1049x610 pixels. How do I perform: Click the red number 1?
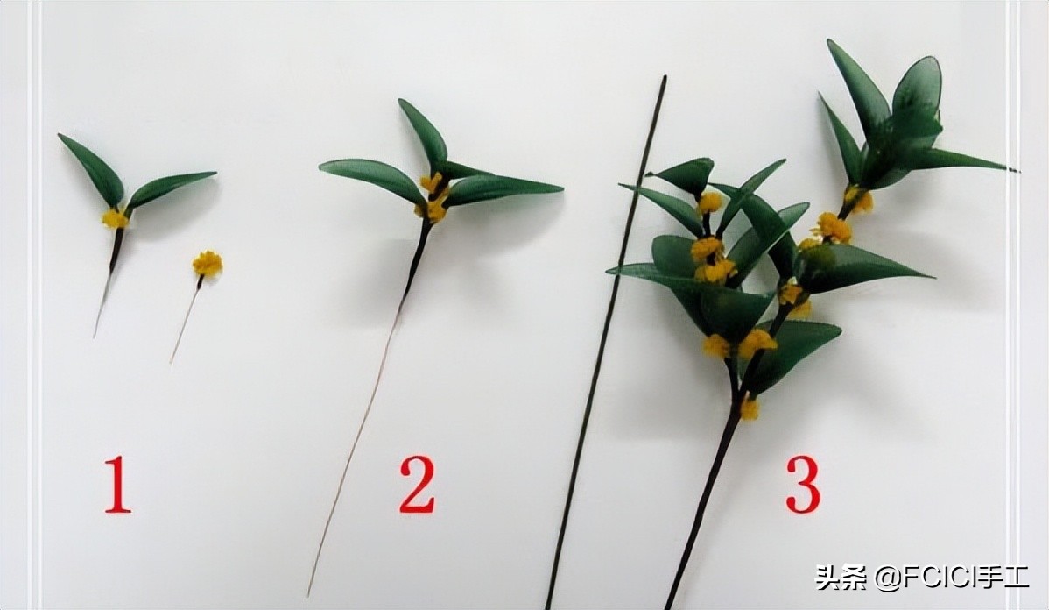(117, 484)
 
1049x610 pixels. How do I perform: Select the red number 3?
(803, 484)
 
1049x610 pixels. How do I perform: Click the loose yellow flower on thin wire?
(208, 263)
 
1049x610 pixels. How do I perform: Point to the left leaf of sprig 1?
(92, 169)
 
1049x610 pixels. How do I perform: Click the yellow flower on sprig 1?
(115, 218)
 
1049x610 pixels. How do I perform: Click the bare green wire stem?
(605, 342)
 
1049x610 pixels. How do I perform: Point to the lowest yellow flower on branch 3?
(750, 408)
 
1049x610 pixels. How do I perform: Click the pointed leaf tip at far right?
(1017, 170)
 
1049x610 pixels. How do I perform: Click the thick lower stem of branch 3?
(702, 509)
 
